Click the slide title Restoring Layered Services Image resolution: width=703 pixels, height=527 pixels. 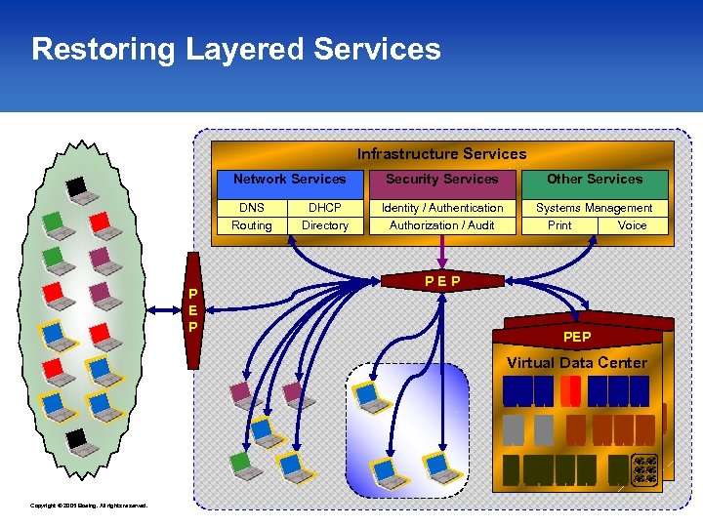235,49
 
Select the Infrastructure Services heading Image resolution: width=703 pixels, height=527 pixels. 441,153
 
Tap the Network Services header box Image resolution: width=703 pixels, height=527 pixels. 289,180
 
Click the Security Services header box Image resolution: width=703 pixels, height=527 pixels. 441,180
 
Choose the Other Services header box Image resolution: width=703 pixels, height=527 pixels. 594,180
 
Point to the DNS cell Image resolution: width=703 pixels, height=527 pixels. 252,208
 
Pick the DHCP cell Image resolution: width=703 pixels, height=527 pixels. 325,208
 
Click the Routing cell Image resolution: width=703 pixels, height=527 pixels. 252,225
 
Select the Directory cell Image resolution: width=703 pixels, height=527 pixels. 325,225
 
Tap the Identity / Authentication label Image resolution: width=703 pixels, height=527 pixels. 441,208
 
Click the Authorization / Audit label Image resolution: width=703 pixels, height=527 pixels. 441,225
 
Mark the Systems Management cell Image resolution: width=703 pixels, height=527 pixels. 594,208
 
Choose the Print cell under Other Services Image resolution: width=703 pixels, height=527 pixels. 559,225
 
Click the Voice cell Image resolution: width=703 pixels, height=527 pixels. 632,225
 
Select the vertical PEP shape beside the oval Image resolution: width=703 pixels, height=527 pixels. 193,310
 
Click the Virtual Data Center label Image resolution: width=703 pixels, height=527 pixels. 576,363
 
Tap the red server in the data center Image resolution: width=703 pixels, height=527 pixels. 570,391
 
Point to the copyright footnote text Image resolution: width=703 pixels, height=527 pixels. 89,506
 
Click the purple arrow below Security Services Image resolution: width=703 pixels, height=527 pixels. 442,256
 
